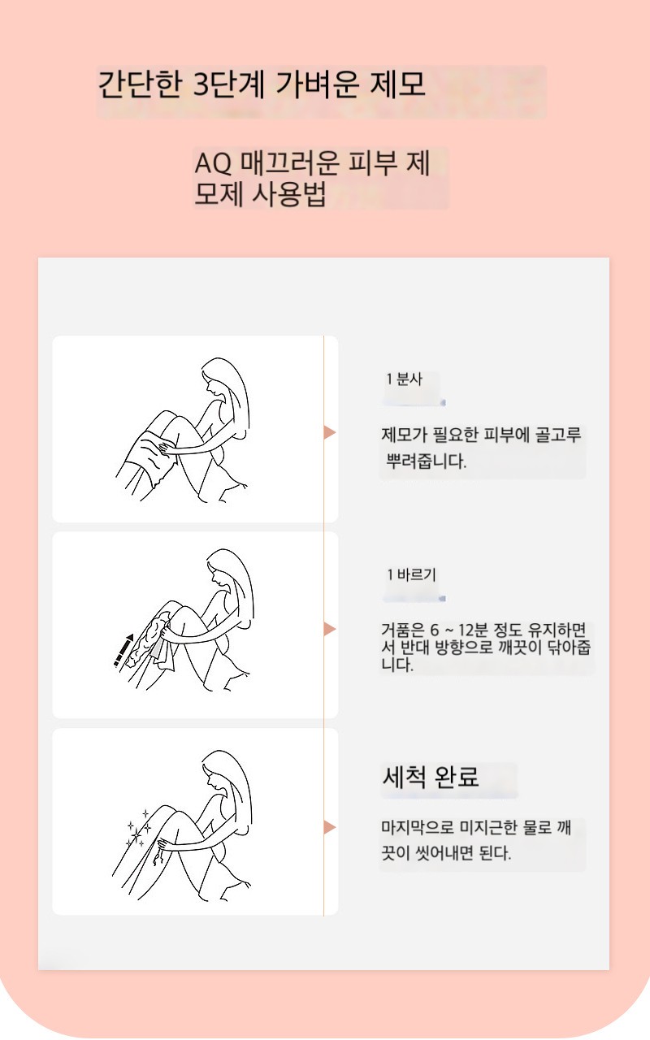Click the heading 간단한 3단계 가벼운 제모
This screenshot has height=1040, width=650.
tap(262, 84)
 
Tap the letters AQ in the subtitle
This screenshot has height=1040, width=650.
tap(213, 163)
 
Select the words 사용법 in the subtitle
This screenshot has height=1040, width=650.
tap(288, 193)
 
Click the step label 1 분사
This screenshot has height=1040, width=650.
tap(405, 379)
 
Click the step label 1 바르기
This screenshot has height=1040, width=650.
tap(412, 574)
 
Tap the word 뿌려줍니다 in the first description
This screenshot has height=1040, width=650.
tap(427, 461)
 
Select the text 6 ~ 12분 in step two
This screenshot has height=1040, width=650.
tap(459, 630)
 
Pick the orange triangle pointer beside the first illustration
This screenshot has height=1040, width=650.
tap(329, 432)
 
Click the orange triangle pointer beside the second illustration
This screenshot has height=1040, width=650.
tap(329, 629)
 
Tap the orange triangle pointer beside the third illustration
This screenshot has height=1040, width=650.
tap(329, 827)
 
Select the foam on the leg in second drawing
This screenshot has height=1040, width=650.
tap(149, 636)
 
